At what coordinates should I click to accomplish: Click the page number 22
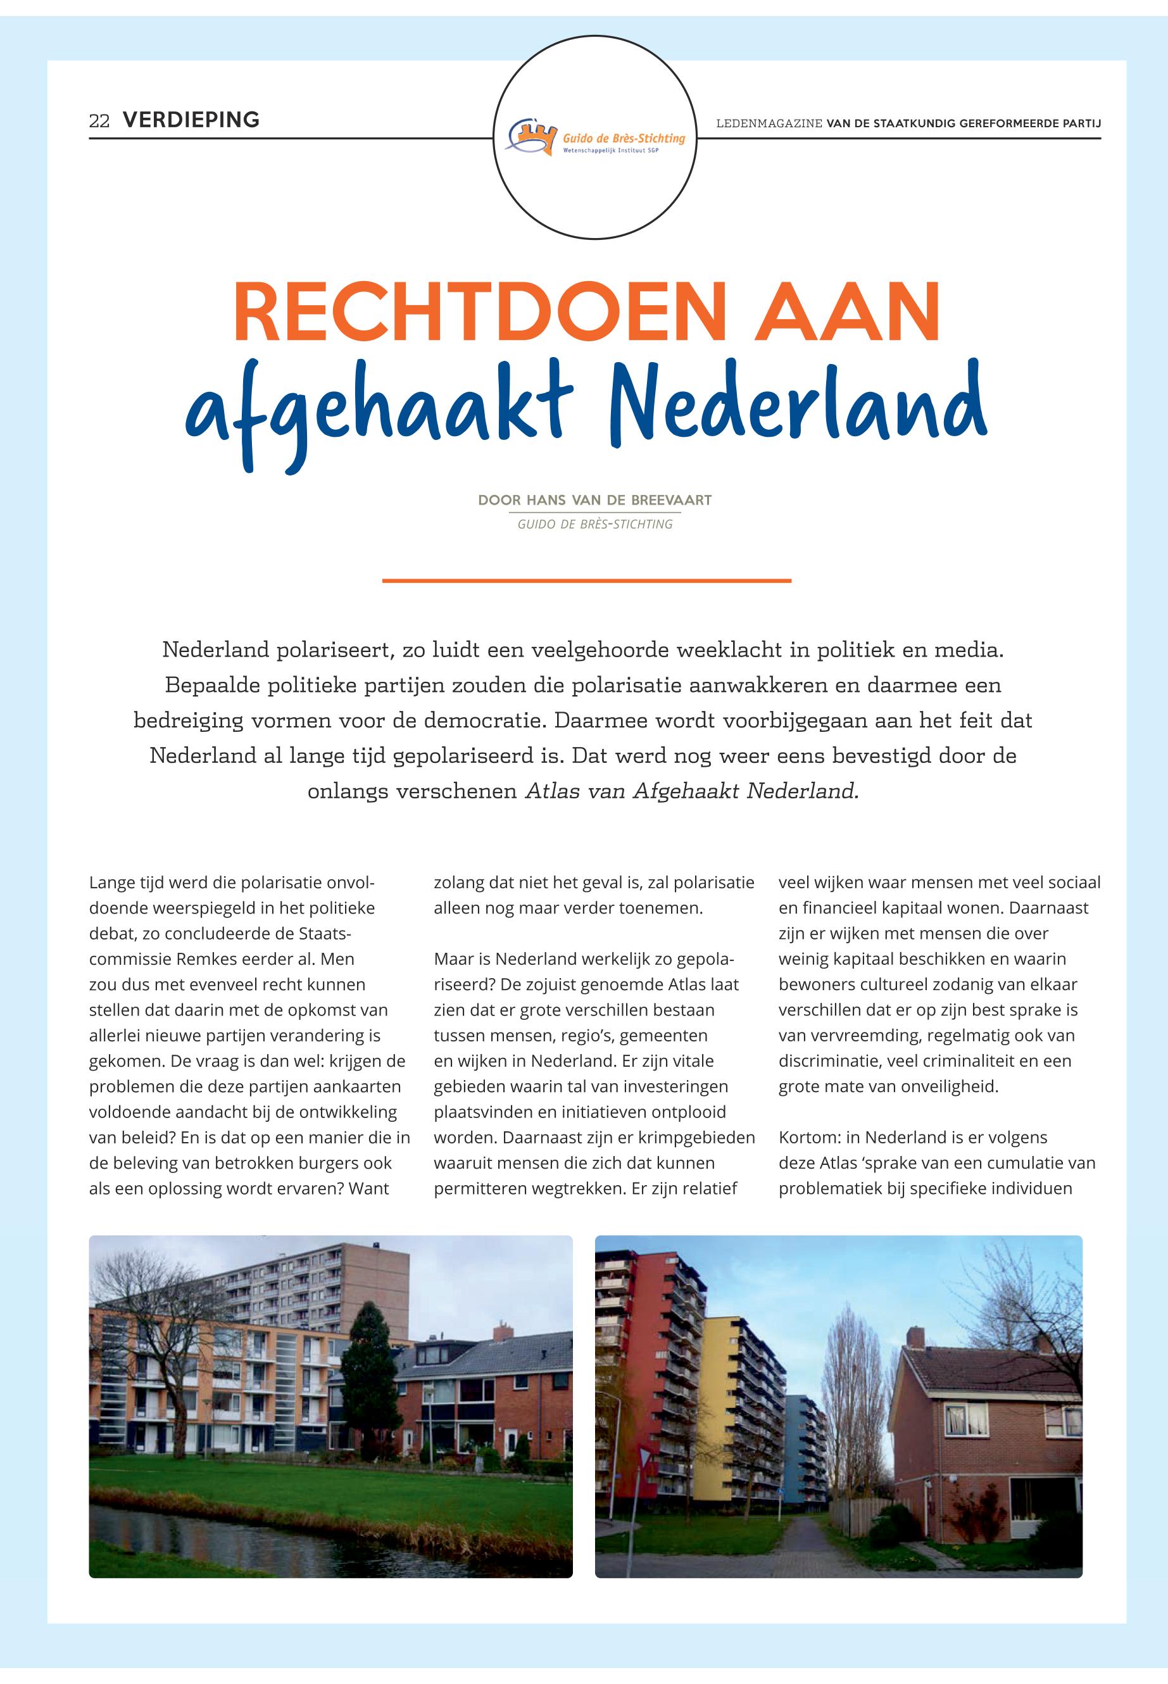(99, 121)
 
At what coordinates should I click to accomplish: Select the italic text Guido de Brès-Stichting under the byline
(594, 524)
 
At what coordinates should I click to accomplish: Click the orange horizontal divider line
(586, 581)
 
